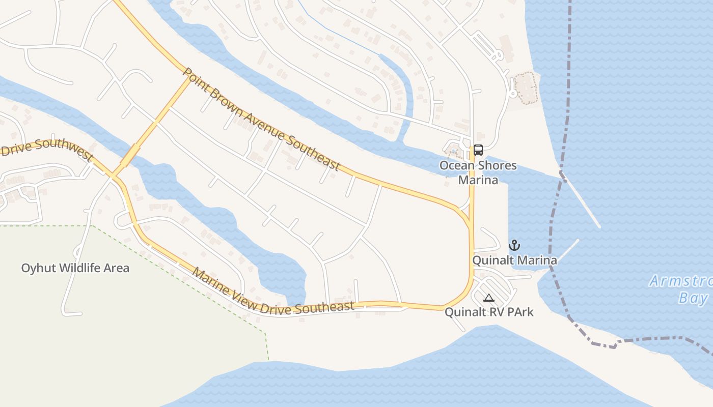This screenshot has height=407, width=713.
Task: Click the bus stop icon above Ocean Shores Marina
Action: tap(478, 150)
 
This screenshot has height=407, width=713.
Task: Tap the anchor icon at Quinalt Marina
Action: tap(514, 246)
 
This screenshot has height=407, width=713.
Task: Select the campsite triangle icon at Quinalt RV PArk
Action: tap(489, 298)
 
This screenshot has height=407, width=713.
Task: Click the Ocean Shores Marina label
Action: tap(478, 172)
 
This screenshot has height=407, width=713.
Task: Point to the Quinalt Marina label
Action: tap(514, 260)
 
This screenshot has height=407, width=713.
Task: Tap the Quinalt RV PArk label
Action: tap(489, 312)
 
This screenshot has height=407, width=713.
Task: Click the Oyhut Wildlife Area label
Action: tap(75, 268)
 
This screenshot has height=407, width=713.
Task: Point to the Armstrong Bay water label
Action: tap(682, 289)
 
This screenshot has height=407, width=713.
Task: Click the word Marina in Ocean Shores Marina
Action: tap(478, 180)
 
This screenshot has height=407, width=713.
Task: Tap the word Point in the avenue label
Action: tap(194, 79)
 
